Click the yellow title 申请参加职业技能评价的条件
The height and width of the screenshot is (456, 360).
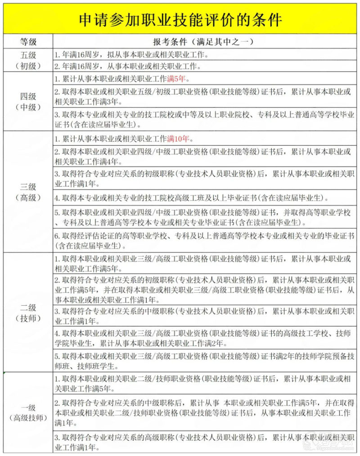tap(180, 19)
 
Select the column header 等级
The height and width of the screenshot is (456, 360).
tap(28, 42)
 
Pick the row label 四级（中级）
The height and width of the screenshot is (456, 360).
tap(28, 102)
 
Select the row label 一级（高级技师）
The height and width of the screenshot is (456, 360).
tap(28, 413)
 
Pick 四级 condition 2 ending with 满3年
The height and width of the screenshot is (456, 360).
tap(202, 96)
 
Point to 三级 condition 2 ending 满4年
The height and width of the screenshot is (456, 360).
tap(202, 156)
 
